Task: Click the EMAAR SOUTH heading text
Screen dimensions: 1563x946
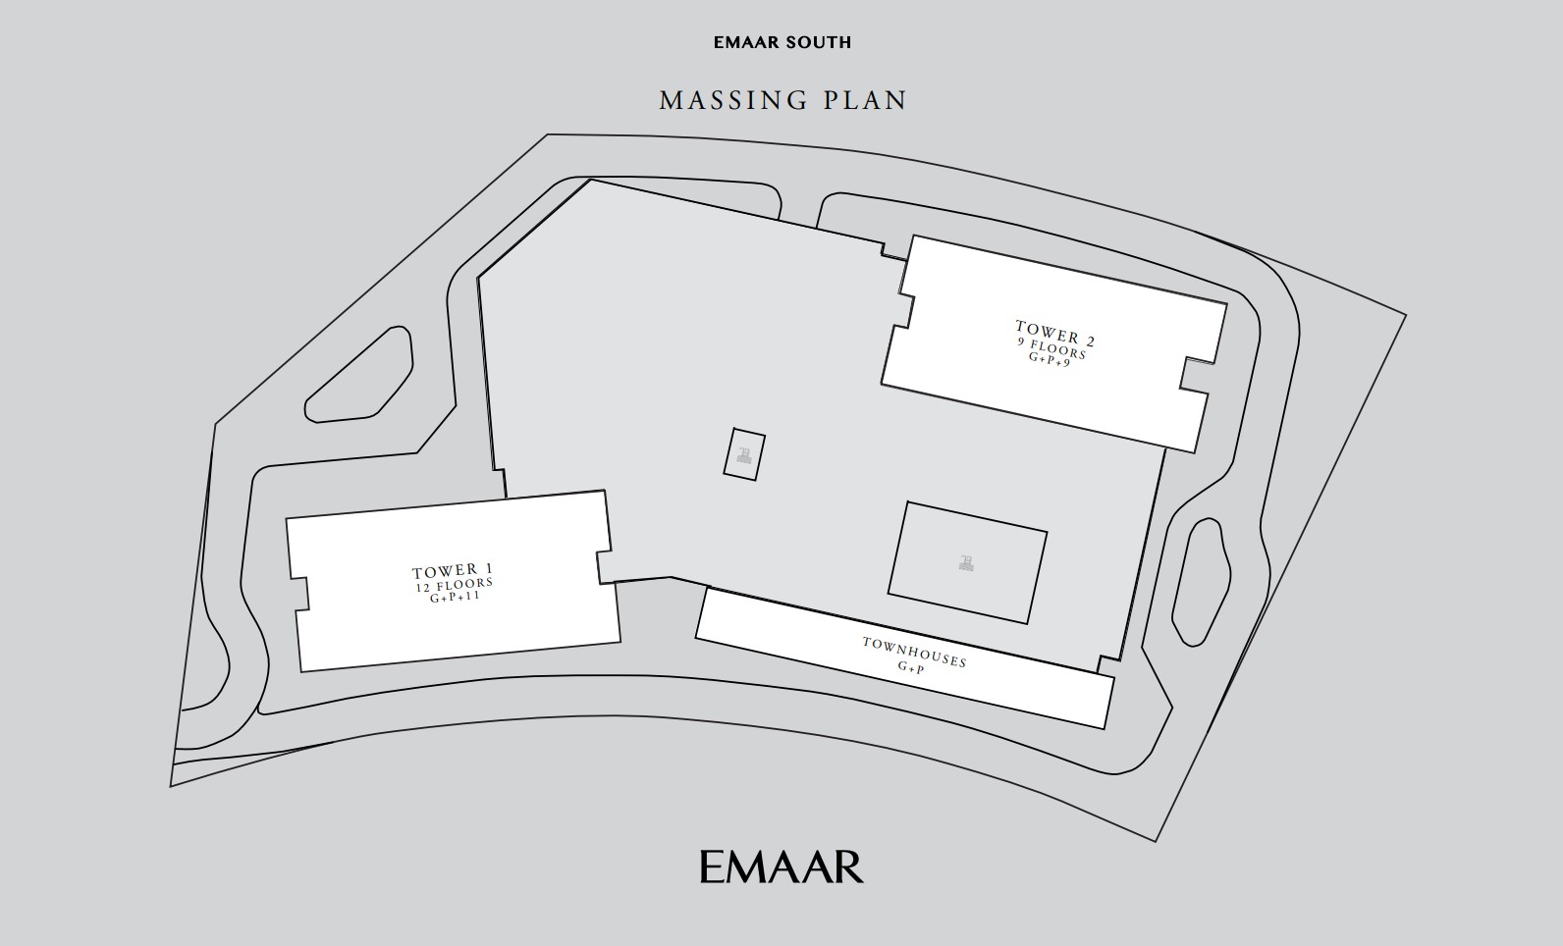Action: tap(782, 42)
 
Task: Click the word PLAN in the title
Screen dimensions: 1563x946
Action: tap(865, 100)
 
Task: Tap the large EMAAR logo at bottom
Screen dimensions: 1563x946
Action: tap(781, 867)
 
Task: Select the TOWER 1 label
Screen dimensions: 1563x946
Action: tap(453, 571)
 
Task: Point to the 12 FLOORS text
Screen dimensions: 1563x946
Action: tap(455, 585)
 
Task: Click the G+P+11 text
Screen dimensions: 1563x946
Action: tap(455, 598)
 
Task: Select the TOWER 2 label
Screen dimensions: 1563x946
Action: tap(1055, 334)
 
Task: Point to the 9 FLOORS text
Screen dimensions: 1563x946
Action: tap(1051, 348)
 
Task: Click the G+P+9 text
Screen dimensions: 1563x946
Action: tap(1050, 358)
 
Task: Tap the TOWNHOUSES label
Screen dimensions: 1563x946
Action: tap(914, 653)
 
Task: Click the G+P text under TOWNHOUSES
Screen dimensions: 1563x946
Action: tap(910, 667)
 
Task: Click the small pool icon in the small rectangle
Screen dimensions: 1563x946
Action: tap(744, 455)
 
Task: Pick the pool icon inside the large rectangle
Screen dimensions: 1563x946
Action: tap(966, 562)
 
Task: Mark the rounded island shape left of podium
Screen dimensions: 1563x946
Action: tap(358, 375)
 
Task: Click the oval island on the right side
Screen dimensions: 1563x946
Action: tap(1201, 581)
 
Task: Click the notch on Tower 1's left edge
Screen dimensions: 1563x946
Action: tap(300, 594)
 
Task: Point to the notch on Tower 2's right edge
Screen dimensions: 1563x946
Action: tap(1195, 375)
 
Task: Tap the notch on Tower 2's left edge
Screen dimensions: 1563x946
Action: tap(903, 310)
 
